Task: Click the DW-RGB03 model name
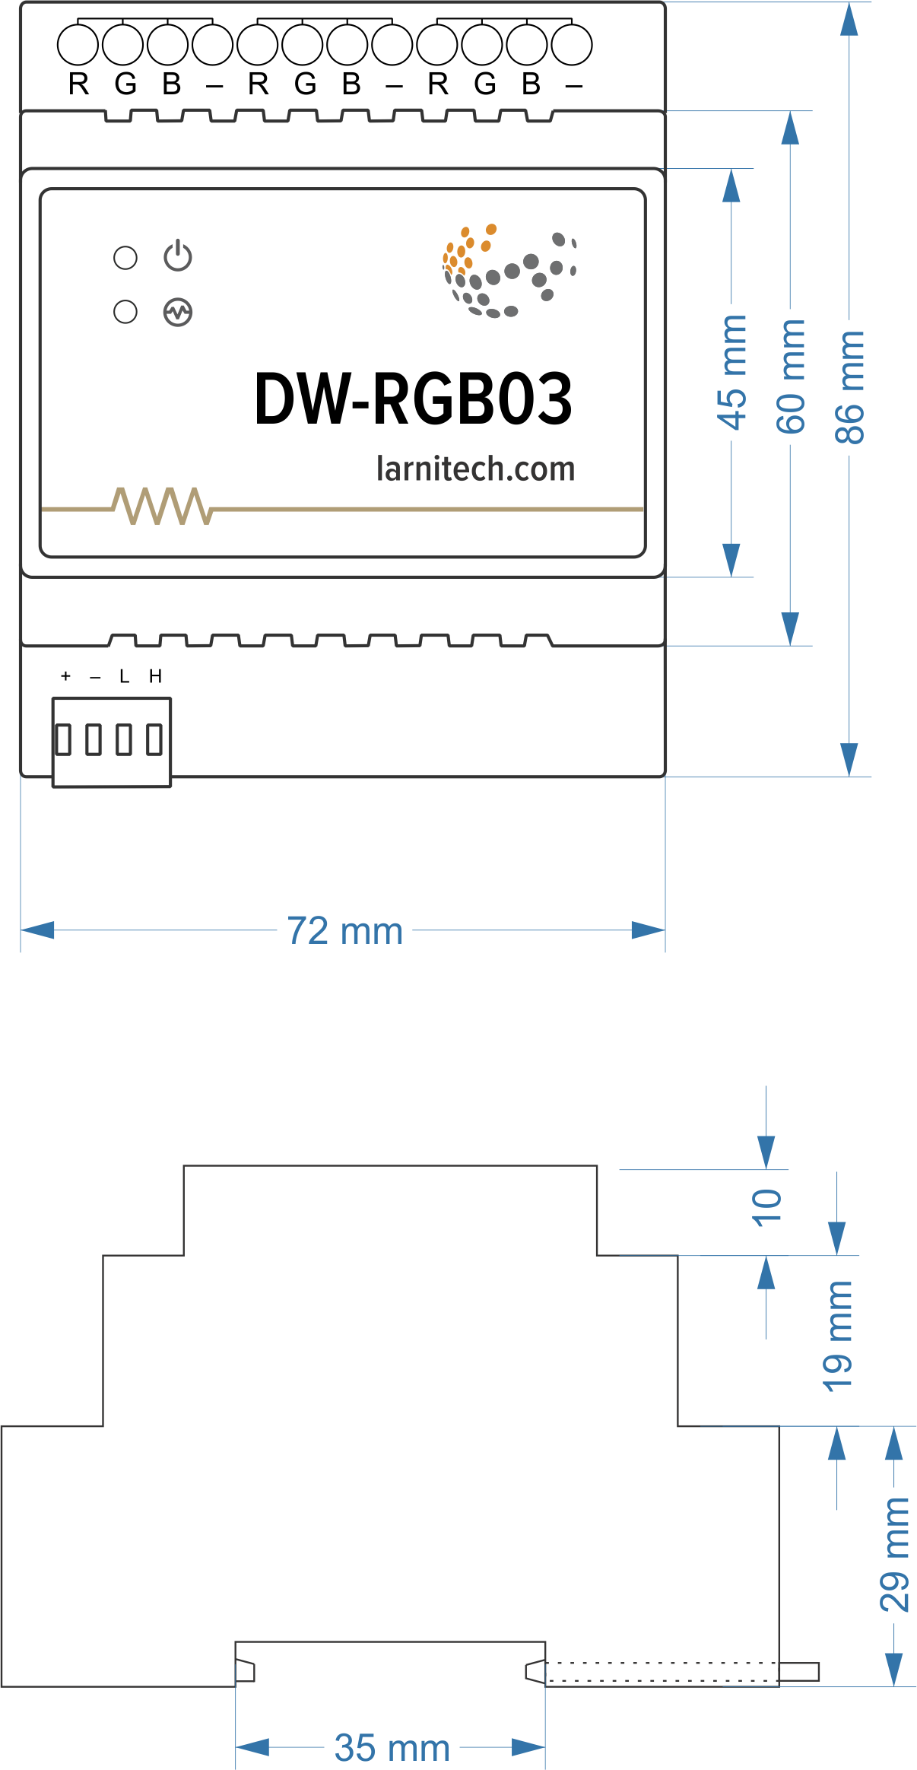pyautogui.click(x=413, y=399)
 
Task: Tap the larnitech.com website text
pyautogui.click(x=475, y=469)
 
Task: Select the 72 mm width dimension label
pyautogui.click(x=344, y=931)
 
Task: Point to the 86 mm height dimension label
pyautogui.click(x=849, y=387)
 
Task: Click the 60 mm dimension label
pyautogui.click(x=791, y=377)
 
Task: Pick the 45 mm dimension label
pyautogui.click(x=731, y=373)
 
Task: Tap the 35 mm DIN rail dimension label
pyautogui.click(x=392, y=1748)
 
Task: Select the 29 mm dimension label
pyautogui.click(x=895, y=1555)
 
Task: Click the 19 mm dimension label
pyautogui.click(x=837, y=1336)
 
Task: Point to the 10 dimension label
pyautogui.click(x=766, y=1207)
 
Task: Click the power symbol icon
pyautogui.click(x=178, y=256)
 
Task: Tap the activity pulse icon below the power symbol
pyautogui.click(x=178, y=312)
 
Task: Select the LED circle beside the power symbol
pyautogui.click(x=125, y=258)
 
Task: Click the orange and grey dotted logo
pyautogui.click(x=509, y=271)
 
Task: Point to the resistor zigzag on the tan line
pyautogui.click(x=162, y=506)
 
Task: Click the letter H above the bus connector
pyautogui.click(x=155, y=676)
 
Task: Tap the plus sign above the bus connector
pyautogui.click(x=66, y=676)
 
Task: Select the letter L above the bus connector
pyautogui.click(x=125, y=676)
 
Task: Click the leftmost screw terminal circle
pyautogui.click(x=78, y=45)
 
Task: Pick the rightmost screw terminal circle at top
pyautogui.click(x=572, y=45)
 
